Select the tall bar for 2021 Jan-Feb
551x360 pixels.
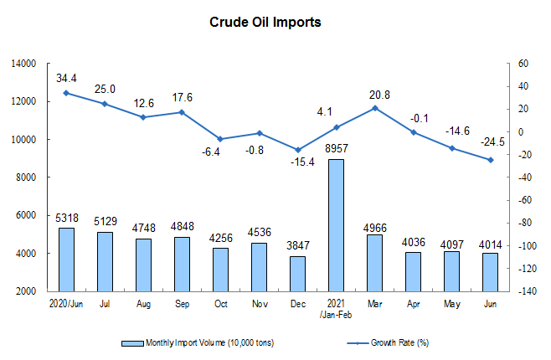(335, 224)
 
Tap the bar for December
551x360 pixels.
(296, 273)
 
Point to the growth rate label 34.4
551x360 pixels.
(67, 78)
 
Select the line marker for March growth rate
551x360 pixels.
(374, 108)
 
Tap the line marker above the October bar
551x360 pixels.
(220, 139)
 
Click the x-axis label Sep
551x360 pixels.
(181, 302)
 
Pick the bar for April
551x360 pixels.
(413, 271)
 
